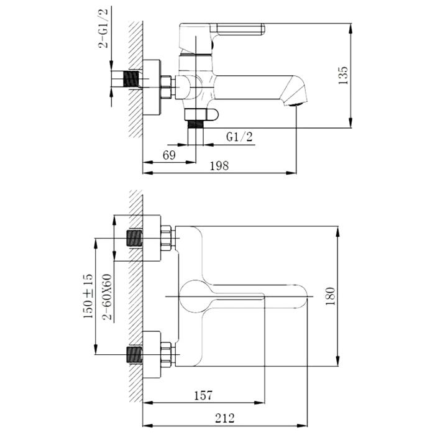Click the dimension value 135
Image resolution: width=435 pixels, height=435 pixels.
pos(343,75)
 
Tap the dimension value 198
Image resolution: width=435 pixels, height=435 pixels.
pos(219,166)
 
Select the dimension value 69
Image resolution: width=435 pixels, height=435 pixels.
pos(169,155)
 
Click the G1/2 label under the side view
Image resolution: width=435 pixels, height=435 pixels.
pos(240,137)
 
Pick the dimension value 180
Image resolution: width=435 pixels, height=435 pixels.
pos(330,296)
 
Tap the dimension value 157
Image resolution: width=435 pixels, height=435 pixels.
pos(203,396)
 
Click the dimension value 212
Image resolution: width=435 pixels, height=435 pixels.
pos(225,418)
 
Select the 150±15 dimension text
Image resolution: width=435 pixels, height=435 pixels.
pos(88,296)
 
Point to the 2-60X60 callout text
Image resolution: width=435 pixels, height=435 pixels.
pos(107,297)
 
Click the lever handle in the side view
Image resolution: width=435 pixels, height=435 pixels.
pos(237,29)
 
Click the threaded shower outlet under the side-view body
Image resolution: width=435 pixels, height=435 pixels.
pos(196,124)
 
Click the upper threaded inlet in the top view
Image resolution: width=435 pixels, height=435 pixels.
pos(135,238)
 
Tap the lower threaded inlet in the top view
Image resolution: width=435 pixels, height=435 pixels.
pos(135,355)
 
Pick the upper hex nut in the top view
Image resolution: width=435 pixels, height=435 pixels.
pos(166,238)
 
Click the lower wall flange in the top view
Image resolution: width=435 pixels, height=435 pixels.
pos(152,355)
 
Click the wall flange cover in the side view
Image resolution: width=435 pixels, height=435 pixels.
pos(152,87)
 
